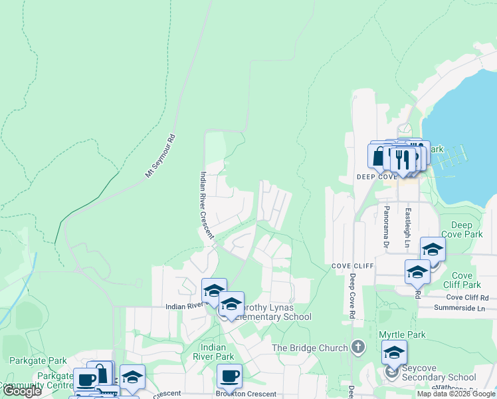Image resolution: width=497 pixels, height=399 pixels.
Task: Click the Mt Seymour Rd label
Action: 160,157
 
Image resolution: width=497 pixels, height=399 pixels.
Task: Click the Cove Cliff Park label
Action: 462,280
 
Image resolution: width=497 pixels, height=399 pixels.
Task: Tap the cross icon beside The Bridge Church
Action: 358,347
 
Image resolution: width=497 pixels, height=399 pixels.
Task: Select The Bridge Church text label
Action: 310,348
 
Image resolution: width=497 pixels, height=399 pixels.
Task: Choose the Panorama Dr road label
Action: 385,226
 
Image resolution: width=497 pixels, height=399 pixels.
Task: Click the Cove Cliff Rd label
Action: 467,297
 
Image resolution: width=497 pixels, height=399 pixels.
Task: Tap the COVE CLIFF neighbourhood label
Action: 354,265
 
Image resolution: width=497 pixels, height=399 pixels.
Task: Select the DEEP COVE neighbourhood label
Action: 376,178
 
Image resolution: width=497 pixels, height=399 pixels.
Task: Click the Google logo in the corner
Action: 23,391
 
